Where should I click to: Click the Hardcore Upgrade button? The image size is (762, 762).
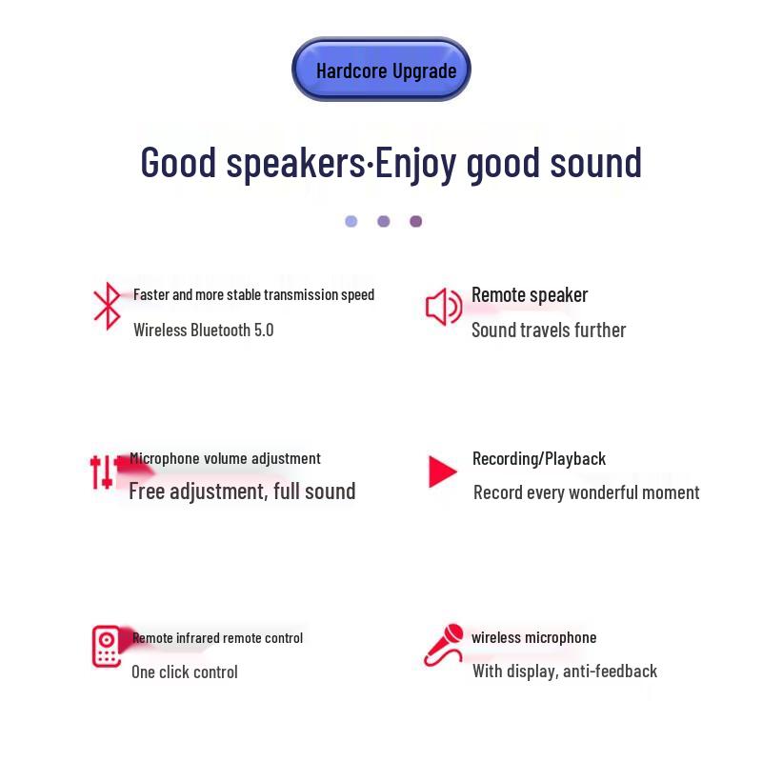381,70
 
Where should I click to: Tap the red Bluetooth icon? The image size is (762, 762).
107,306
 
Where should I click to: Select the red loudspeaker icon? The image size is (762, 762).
443,307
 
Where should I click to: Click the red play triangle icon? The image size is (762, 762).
442,471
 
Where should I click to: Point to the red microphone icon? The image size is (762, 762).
444,645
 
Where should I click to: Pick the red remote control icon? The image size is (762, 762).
107,646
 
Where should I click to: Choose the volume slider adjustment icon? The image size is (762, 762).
102,471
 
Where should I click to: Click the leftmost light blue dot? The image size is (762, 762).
351,221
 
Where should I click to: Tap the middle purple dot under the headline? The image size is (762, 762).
383,221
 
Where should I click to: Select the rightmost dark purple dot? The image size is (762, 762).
415,221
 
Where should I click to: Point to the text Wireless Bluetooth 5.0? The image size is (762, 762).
203,331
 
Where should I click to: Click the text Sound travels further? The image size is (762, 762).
549,331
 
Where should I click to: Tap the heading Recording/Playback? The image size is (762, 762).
539,459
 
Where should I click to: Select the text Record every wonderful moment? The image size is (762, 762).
586,492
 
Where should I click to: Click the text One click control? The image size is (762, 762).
185,672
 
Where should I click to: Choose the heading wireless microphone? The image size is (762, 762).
533,638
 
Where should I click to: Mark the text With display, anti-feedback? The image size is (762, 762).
565,672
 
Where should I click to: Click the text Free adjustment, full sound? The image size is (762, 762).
242,491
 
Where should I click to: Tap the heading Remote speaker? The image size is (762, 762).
530,295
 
